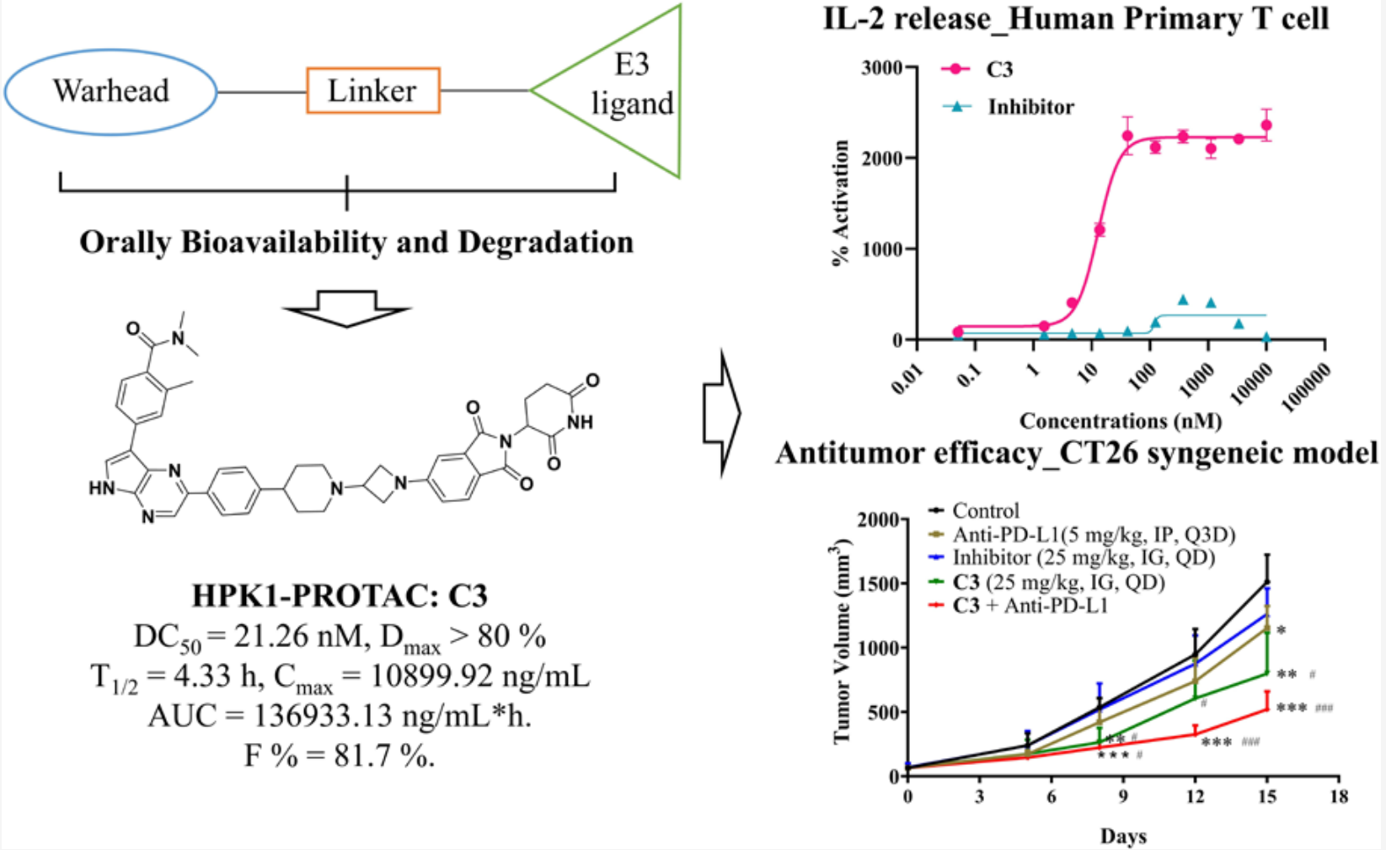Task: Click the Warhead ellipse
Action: point(111,91)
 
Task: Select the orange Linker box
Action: point(372,91)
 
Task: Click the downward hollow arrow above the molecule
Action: point(347,308)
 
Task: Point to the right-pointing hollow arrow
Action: point(721,414)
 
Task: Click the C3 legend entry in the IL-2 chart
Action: point(998,69)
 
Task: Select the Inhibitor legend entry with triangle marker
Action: point(1030,107)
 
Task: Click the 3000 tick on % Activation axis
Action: point(880,67)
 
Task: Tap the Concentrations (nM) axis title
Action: point(1120,420)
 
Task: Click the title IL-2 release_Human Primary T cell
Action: point(1076,19)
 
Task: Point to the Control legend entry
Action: point(985,511)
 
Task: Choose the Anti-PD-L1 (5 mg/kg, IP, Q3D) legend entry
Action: point(1093,534)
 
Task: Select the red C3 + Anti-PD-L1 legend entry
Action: point(1030,606)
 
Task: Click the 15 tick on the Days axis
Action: point(1266,796)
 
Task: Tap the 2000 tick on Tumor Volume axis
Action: point(877,520)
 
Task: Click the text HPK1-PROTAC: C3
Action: point(340,596)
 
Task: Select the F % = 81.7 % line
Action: point(340,756)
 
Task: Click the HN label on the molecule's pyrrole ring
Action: point(102,488)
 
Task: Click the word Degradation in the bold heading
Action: point(545,243)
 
